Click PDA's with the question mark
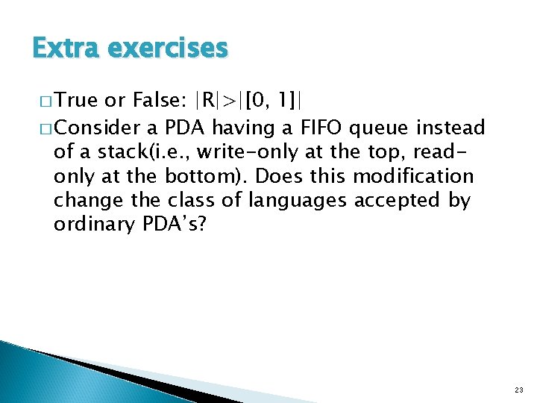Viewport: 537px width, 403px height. click(178, 224)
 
